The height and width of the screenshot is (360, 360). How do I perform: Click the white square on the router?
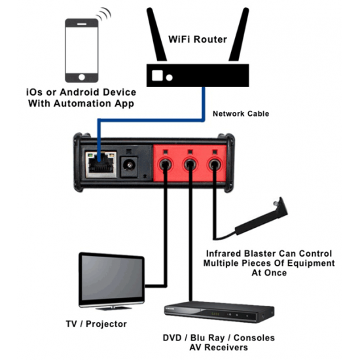[157, 76]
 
